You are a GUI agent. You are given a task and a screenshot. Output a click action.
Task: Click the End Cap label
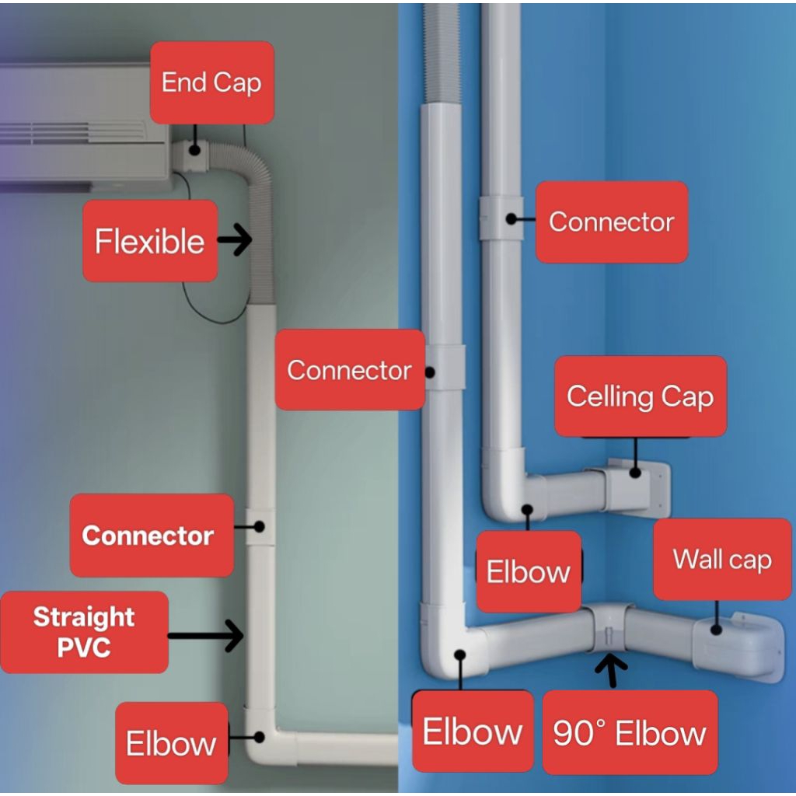211,82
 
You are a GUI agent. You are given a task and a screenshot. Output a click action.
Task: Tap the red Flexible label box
150,241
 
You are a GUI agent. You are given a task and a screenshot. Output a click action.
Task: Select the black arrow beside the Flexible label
235,241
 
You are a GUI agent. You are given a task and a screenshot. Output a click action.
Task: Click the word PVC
84,647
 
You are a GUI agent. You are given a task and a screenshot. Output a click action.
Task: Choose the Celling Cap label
640,396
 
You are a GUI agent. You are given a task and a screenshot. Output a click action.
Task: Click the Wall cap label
722,559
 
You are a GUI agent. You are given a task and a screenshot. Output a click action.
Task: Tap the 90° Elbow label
630,732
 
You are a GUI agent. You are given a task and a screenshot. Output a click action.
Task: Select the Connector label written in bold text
148,536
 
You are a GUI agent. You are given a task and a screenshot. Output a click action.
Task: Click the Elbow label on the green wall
171,743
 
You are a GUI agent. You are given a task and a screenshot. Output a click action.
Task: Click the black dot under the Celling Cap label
636,470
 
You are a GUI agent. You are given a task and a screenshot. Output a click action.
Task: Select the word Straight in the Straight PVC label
84,617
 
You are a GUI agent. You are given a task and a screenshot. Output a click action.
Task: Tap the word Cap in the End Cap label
239,82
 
